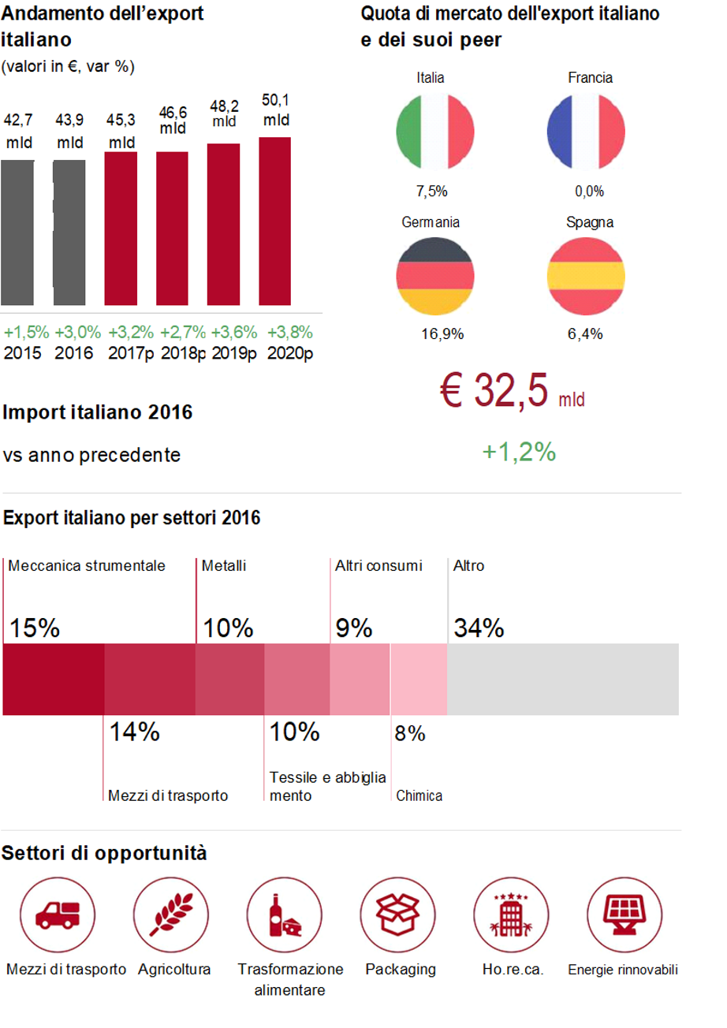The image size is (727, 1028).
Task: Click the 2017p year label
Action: pos(131,352)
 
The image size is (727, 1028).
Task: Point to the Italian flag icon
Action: pos(434,130)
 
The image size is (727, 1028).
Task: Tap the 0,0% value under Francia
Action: pos(589,191)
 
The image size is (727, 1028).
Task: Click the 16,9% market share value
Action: pos(442,333)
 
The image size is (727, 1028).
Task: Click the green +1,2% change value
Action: pos(519,452)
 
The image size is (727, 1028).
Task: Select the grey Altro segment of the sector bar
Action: pos(562,679)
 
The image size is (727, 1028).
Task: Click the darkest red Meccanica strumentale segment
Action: pos(54,679)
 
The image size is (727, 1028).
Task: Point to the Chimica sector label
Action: pos(419,795)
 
